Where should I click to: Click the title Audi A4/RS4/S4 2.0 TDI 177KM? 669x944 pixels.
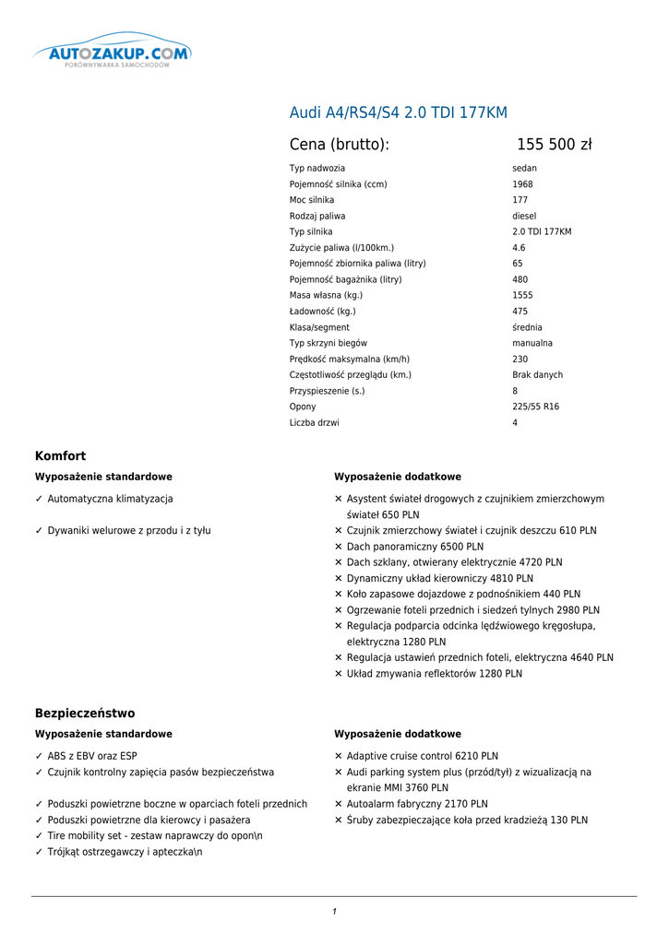[399, 113]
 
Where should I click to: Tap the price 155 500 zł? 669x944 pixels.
[554, 145]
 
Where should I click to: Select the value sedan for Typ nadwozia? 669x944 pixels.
[524, 169]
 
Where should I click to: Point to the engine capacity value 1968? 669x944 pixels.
[522, 184]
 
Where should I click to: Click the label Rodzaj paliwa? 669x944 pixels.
[317, 216]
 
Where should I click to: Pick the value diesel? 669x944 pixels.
[524, 216]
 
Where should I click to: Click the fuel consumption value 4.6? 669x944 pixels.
[519, 248]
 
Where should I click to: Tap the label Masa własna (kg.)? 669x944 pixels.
[326, 295]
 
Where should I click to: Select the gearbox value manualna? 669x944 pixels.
[532, 343]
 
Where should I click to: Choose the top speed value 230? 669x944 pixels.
[520, 359]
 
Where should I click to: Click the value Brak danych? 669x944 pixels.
[537, 375]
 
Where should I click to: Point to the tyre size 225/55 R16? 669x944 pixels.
[535, 407]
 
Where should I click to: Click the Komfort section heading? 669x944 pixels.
[60, 456]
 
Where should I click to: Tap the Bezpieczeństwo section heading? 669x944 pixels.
[85, 714]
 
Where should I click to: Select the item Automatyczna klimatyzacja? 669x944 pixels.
[110, 499]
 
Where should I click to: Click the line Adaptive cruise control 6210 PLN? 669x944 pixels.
[422, 756]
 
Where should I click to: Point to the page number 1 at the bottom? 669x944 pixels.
[334, 912]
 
